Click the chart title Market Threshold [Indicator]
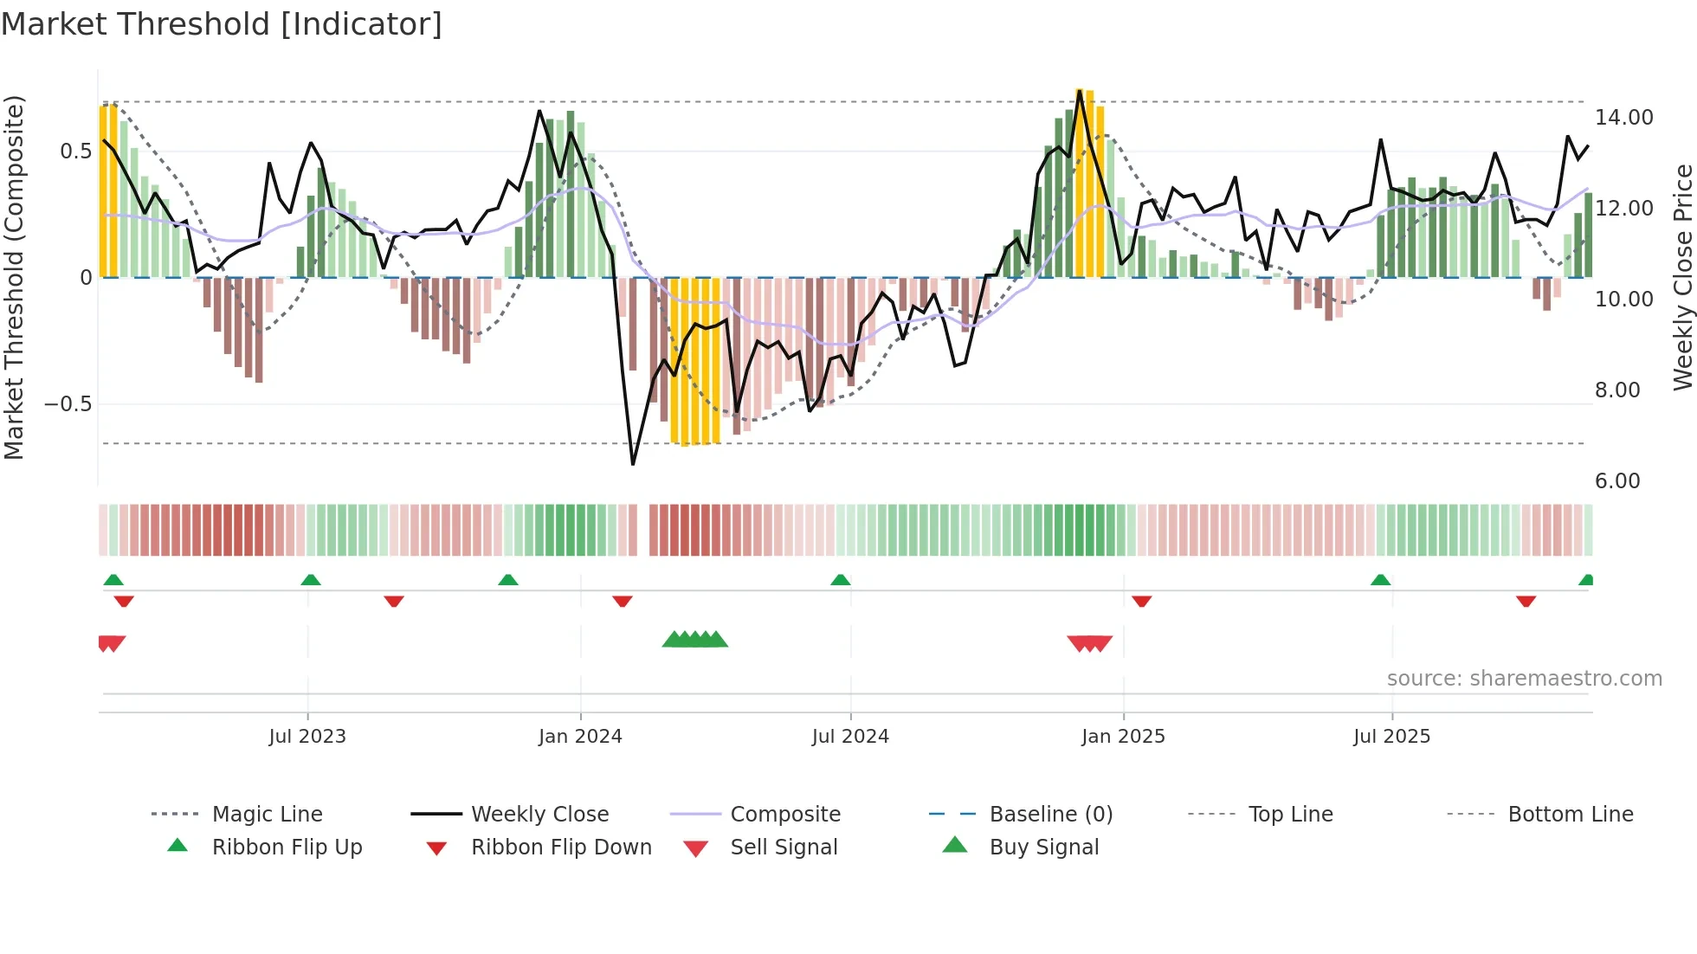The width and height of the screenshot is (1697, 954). [222, 24]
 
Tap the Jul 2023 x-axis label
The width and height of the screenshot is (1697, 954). [306, 737]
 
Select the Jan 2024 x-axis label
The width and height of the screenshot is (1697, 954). [580, 737]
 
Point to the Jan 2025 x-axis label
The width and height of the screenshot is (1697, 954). [1123, 737]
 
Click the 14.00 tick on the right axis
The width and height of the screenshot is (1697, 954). [1623, 117]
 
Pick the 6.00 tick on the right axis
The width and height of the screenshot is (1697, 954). [1617, 480]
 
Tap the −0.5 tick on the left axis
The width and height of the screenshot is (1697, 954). [68, 404]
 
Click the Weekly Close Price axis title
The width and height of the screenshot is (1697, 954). [1682, 277]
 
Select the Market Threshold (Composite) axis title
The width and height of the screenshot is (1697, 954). [14, 277]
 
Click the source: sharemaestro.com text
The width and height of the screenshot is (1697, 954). [1524, 679]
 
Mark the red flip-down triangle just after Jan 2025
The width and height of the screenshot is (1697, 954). [1141, 601]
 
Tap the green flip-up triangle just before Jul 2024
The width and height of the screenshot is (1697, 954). [840, 580]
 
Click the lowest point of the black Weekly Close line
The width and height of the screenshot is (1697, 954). [633, 464]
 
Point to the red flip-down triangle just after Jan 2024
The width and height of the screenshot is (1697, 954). [622, 601]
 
